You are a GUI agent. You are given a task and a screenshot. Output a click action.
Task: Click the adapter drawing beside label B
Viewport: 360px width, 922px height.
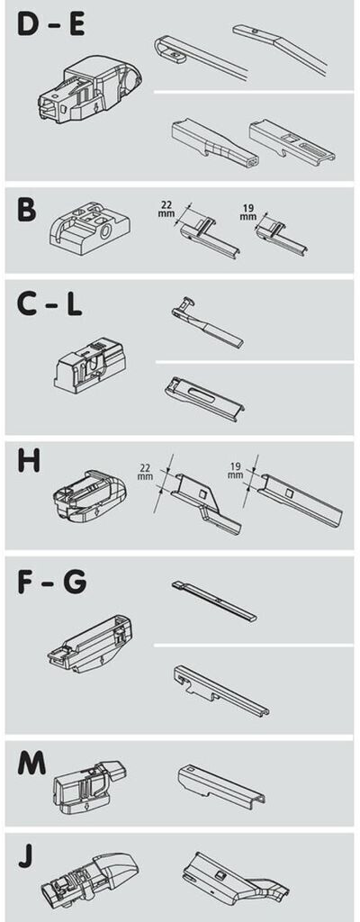89,224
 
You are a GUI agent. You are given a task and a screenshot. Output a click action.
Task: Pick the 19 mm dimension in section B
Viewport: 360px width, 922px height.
248,211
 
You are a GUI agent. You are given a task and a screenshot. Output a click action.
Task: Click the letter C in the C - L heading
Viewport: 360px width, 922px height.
26,304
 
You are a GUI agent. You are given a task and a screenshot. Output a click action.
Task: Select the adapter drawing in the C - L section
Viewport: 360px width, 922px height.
89,365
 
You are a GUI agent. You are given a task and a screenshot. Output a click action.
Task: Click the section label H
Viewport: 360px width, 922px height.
28,462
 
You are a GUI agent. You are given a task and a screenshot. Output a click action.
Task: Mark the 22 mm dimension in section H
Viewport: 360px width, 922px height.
145,472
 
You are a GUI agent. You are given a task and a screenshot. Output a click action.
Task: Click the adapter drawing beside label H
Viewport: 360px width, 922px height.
88,496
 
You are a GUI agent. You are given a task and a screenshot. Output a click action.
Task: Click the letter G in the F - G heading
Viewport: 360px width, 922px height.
76,581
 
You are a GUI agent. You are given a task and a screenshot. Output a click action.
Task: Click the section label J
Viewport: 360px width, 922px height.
24,857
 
